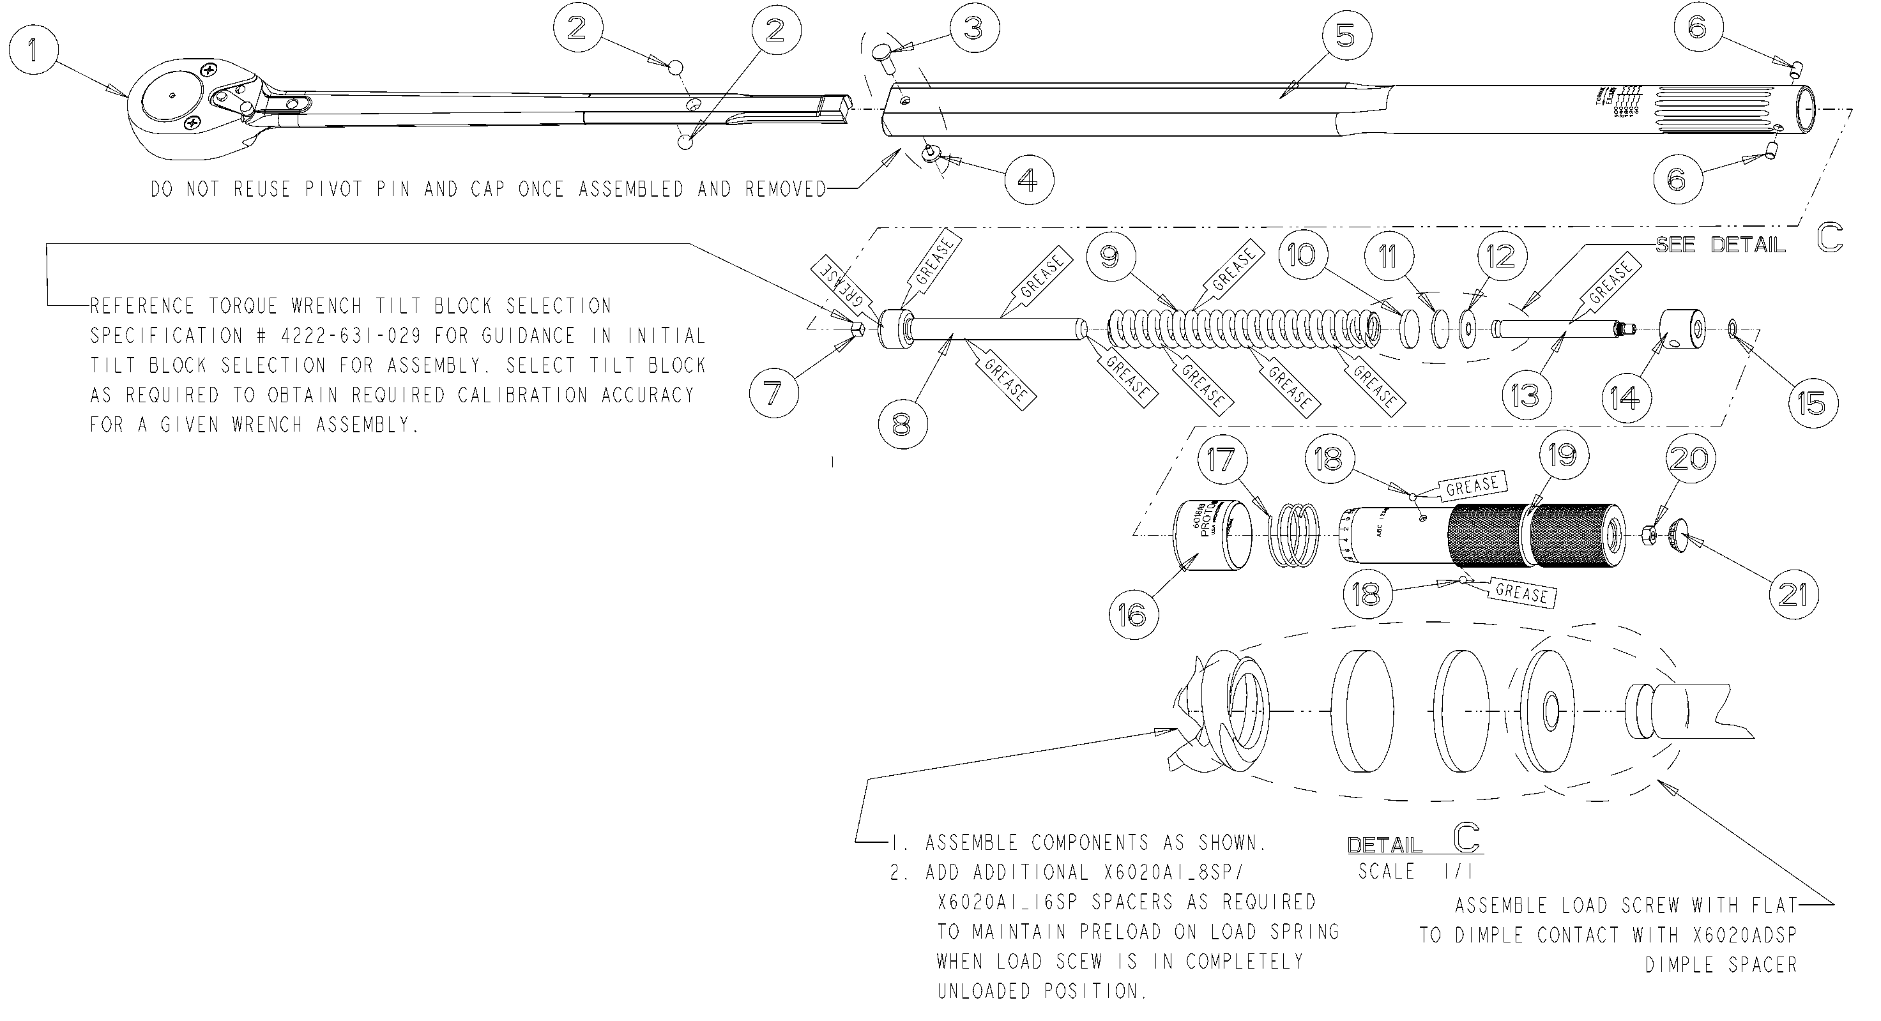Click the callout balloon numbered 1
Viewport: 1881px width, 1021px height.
pyautogui.click(x=32, y=50)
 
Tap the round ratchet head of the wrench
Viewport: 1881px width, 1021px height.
pyautogui.click(x=170, y=95)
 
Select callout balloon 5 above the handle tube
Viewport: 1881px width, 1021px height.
pyautogui.click(x=1345, y=35)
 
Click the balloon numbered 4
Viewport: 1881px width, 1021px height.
pyautogui.click(x=1028, y=179)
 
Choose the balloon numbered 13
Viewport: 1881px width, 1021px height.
pyautogui.click(x=1525, y=395)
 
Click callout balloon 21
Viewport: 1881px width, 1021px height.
pyautogui.click(x=1793, y=595)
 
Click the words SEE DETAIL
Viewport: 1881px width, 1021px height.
pyautogui.click(x=1720, y=245)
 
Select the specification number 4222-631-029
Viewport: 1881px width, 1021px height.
pyautogui.click(x=351, y=336)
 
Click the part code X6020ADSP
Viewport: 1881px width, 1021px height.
pyautogui.click(x=1744, y=935)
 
